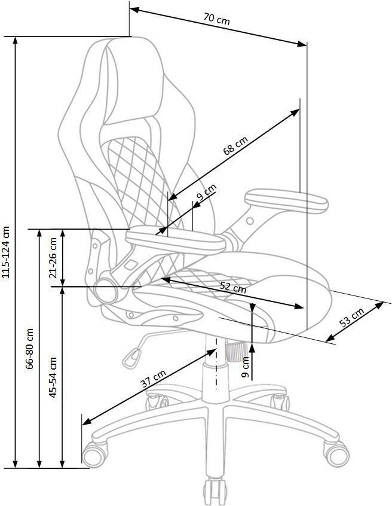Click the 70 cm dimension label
click(x=217, y=19)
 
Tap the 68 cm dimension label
click(x=235, y=146)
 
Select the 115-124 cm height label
click(x=6, y=252)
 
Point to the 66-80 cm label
click(x=30, y=349)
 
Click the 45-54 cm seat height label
click(x=52, y=377)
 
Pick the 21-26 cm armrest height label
click(x=53, y=258)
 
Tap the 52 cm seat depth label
click(x=233, y=287)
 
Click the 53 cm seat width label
click(x=352, y=318)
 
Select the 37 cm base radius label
click(x=154, y=379)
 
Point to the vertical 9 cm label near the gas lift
click(x=245, y=367)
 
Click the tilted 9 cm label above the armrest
click(x=206, y=193)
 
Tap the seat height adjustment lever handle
click(x=131, y=358)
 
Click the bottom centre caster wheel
click(x=215, y=492)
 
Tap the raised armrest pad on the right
click(x=287, y=201)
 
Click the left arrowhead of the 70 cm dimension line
click(x=134, y=10)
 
